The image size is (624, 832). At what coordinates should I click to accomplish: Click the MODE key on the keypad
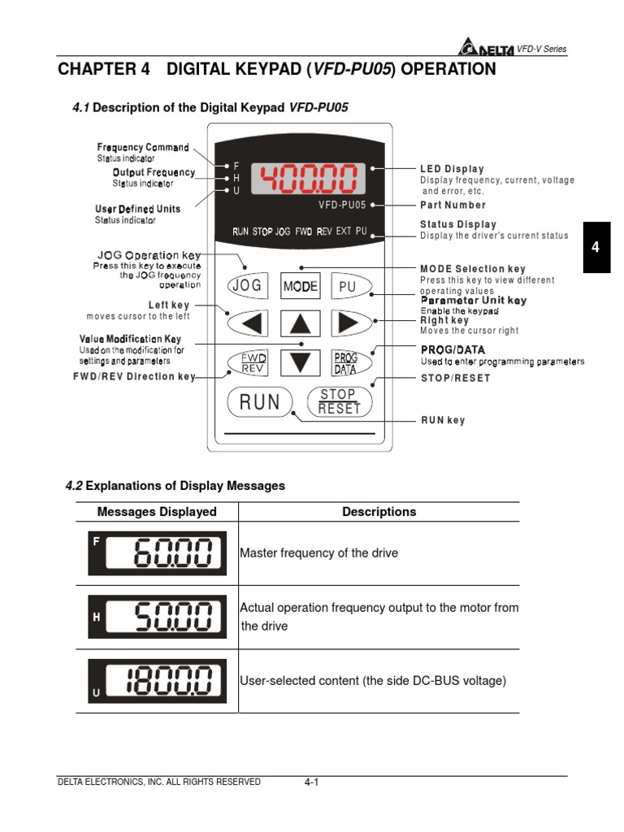tap(301, 286)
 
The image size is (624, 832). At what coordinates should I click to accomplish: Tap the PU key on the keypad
tap(348, 286)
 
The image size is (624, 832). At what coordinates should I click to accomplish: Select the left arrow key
tap(249, 323)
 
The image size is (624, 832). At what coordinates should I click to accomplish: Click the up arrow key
tap(301, 324)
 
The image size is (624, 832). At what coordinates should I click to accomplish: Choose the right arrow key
tap(349, 323)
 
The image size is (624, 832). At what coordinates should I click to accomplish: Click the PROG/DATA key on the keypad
tap(349, 362)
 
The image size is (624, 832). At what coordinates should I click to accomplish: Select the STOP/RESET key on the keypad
tap(339, 401)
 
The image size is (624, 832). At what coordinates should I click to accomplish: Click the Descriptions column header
tap(379, 512)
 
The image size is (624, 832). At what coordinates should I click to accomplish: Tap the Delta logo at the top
tap(486, 49)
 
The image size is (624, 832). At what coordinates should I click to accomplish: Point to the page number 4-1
tap(311, 782)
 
